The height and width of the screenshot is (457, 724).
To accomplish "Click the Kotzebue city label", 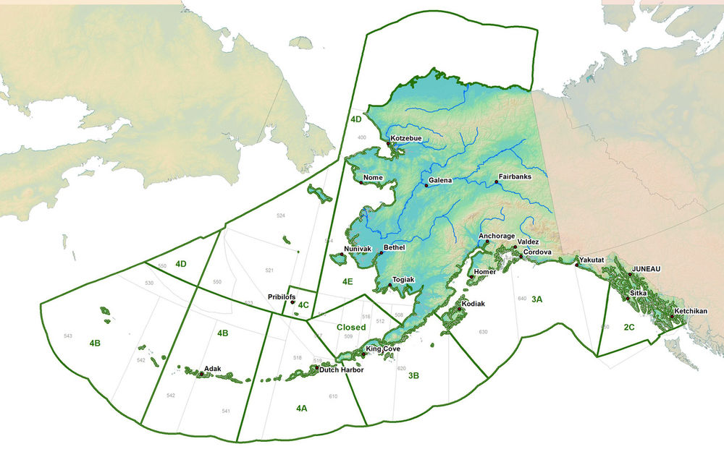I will point(407,138).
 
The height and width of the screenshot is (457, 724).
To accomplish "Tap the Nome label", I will point(373,177).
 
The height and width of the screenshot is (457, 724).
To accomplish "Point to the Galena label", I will point(441,180).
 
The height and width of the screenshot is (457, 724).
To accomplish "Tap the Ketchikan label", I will point(691,312).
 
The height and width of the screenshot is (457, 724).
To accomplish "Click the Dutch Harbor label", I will point(342,370).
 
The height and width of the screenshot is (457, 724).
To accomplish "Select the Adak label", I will point(213,369).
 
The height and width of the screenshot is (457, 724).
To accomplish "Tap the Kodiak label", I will point(473,304).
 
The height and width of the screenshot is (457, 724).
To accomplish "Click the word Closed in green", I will point(350,327).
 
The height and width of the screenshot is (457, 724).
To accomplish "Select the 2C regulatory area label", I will point(629,328).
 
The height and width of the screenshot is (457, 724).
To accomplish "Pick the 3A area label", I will point(537,299).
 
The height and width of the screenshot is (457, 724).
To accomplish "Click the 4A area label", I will point(302,409).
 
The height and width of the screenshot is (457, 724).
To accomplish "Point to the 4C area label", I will point(303,304).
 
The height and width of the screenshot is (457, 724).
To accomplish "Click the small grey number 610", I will point(333,396).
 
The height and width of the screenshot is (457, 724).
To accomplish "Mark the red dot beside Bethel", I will point(381,253).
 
